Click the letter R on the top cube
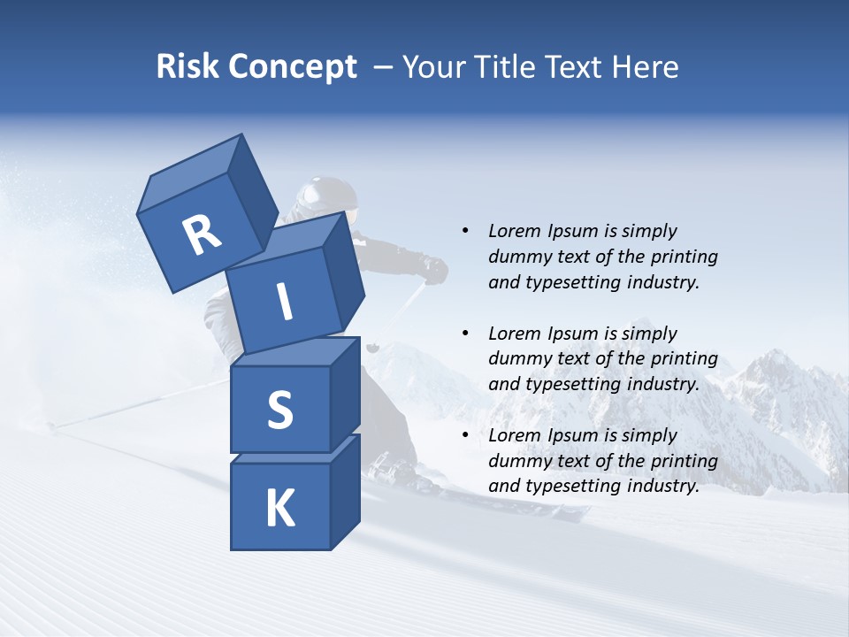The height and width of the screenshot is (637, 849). point(202,235)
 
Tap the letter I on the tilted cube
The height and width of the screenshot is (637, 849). point(284,303)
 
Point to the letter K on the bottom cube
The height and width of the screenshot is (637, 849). point(279,509)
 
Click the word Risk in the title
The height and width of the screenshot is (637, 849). point(187,67)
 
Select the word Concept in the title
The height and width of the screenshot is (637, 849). point(293,68)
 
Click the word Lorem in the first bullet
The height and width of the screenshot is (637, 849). point(514,231)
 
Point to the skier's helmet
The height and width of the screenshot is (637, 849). point(327,196)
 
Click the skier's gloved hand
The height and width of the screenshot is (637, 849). point(434,270)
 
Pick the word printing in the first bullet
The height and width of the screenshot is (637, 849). point(684,257)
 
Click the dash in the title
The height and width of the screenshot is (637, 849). point(384,67)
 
